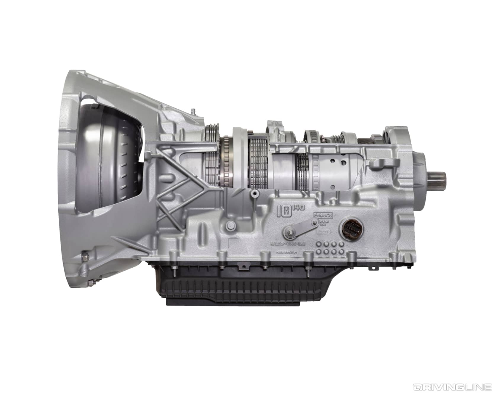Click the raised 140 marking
(298, 208)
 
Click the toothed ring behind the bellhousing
(227, 161)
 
